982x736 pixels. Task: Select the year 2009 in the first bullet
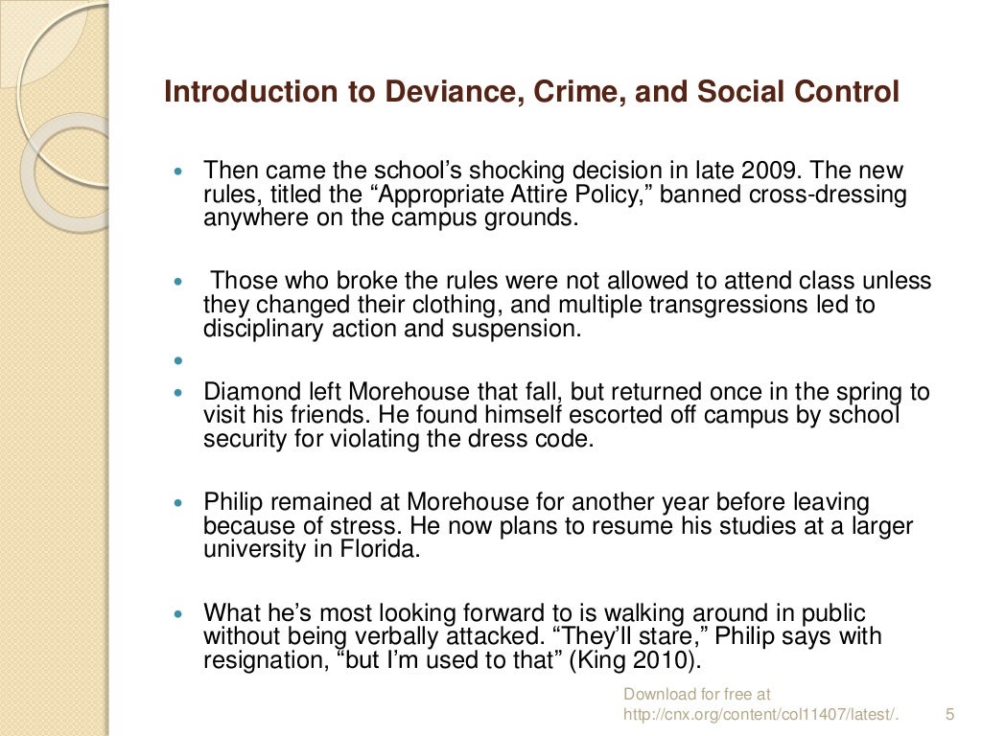768,172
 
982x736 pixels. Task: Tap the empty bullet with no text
178,362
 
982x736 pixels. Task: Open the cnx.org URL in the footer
762,714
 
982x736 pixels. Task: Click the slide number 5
950,714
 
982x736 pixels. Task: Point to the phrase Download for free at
697,694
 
